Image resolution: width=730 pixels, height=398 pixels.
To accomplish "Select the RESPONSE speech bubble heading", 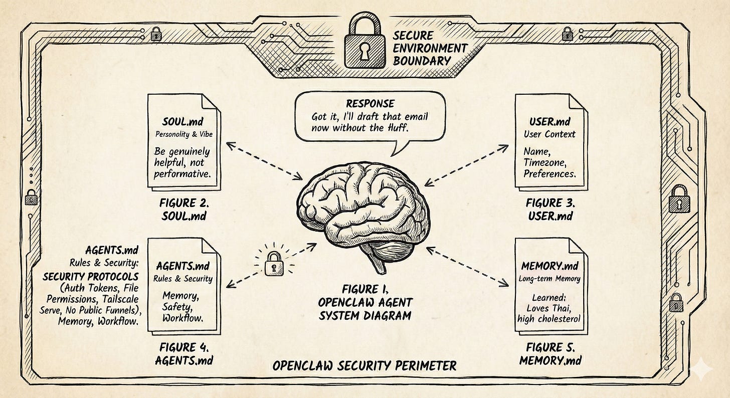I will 370,104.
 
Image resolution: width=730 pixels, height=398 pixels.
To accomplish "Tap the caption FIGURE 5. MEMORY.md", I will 551,353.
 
